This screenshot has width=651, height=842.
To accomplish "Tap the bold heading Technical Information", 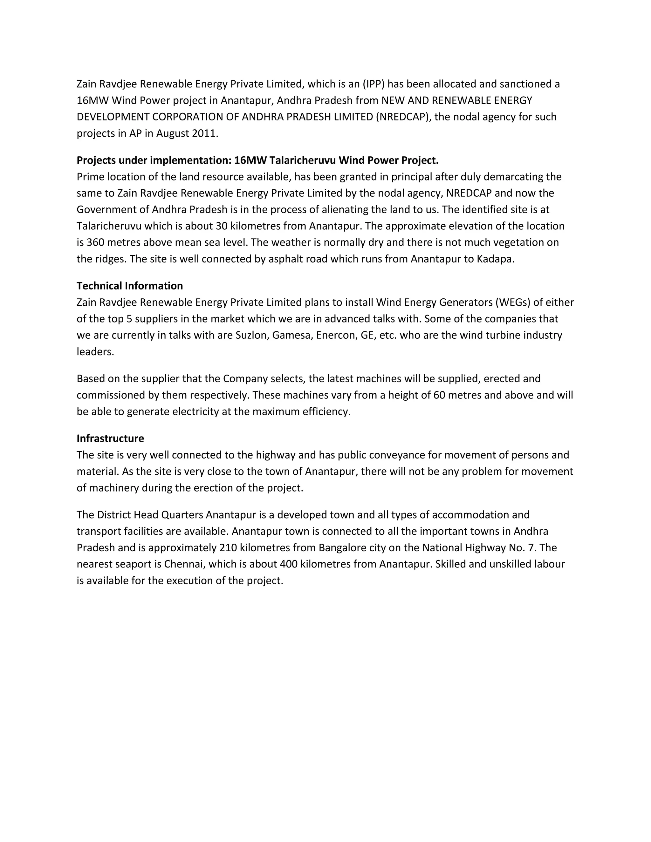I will coord(130,286).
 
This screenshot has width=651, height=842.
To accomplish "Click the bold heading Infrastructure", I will coord(110,438).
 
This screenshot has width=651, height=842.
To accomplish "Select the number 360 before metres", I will coord(95,242).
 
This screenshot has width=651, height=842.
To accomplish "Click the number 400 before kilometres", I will coord(289,564).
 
